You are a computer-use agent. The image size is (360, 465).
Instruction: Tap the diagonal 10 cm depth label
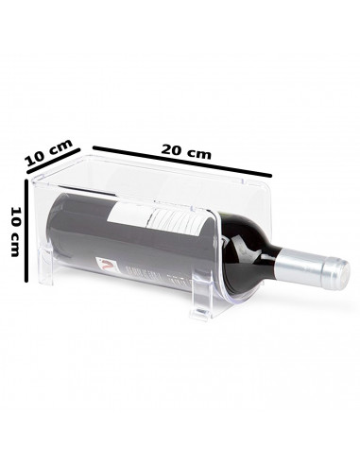click(49, 151)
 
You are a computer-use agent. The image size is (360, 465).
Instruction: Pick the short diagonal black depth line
click(58, 165)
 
